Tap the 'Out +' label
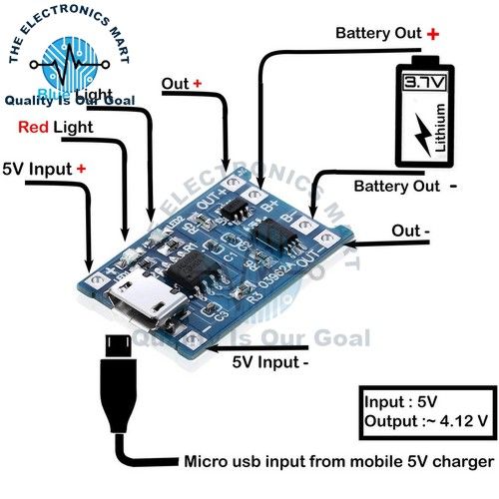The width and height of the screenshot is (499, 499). pos(183,84)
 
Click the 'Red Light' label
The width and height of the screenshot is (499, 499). pos(56,128)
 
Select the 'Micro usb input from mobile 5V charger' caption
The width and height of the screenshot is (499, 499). pos(337,462)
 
